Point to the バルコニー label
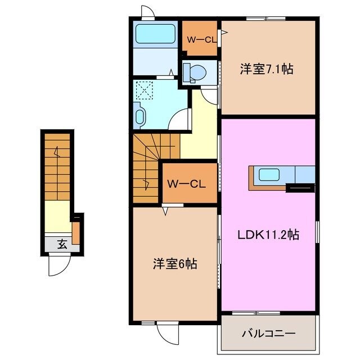pyautogui.click(x=268, y=333)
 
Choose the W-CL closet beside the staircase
pyautogui.click(x=188, y=183)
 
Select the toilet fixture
pyautogui.click(x=195, y=71)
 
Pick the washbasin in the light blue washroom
pyautogui.click(x=140, y=116)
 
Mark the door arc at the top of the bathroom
pyautogui.click(x=147, y=12)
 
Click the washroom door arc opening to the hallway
pyautogui.click(x=181, y=120)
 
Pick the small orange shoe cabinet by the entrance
pyautogui.click(x=76, y=231)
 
